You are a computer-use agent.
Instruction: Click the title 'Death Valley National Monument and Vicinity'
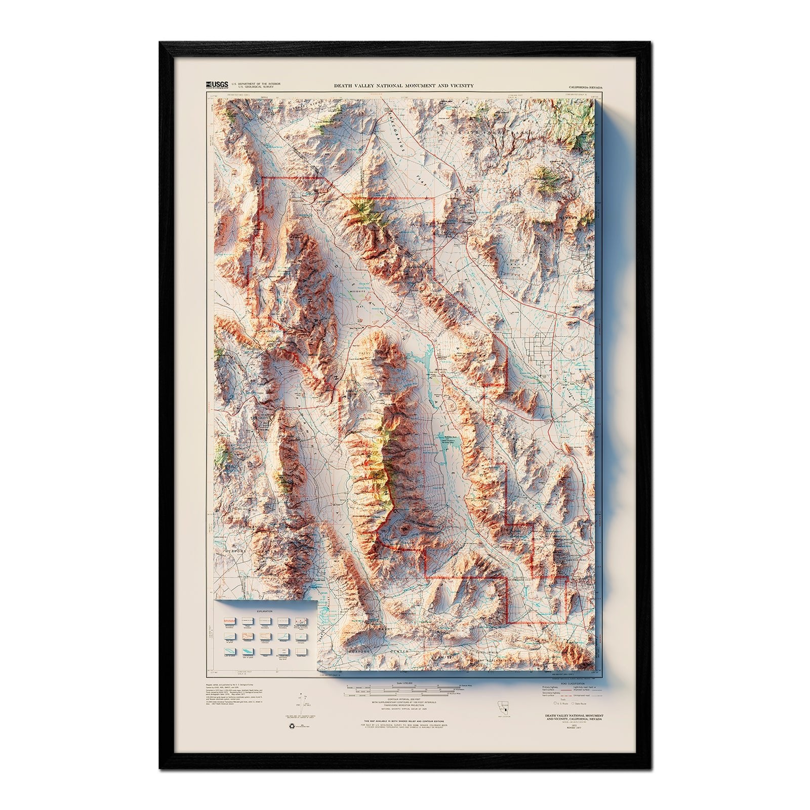(x=403, y=86)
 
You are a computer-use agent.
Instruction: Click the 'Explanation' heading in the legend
(x=265, y=611)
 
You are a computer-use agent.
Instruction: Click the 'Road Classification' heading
(x=568, y=682)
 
